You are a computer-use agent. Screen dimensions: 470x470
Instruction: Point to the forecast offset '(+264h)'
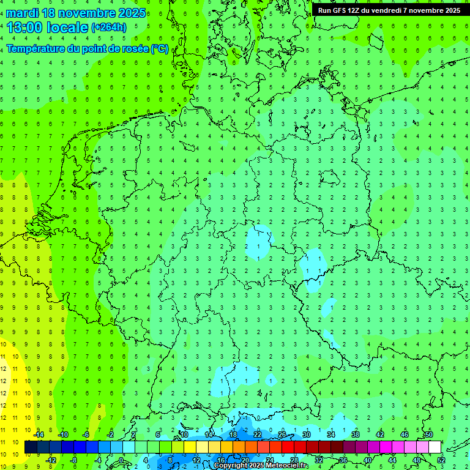pos(109,28)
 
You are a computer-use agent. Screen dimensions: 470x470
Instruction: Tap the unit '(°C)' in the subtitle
pos(160,48)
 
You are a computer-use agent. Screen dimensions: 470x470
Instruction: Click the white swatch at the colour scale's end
pos(435,447)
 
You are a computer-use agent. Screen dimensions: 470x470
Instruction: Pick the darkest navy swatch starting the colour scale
pos(31,447)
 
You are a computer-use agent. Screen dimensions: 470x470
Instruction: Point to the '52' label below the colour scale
pos(441,460)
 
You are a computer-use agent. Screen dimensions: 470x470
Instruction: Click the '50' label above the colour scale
pos(429,435)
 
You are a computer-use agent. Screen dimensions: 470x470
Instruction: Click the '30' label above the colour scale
pos(307,435)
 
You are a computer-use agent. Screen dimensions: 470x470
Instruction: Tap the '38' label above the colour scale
pos(356,435)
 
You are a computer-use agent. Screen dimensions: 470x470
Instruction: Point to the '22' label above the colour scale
pos(258,435)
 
